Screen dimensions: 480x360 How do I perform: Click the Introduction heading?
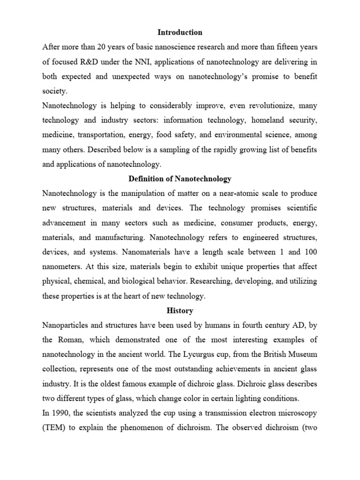click(180, 32)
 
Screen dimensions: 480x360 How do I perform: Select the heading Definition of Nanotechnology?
click(180, 179)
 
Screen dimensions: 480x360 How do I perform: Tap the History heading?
click(180, 310)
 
